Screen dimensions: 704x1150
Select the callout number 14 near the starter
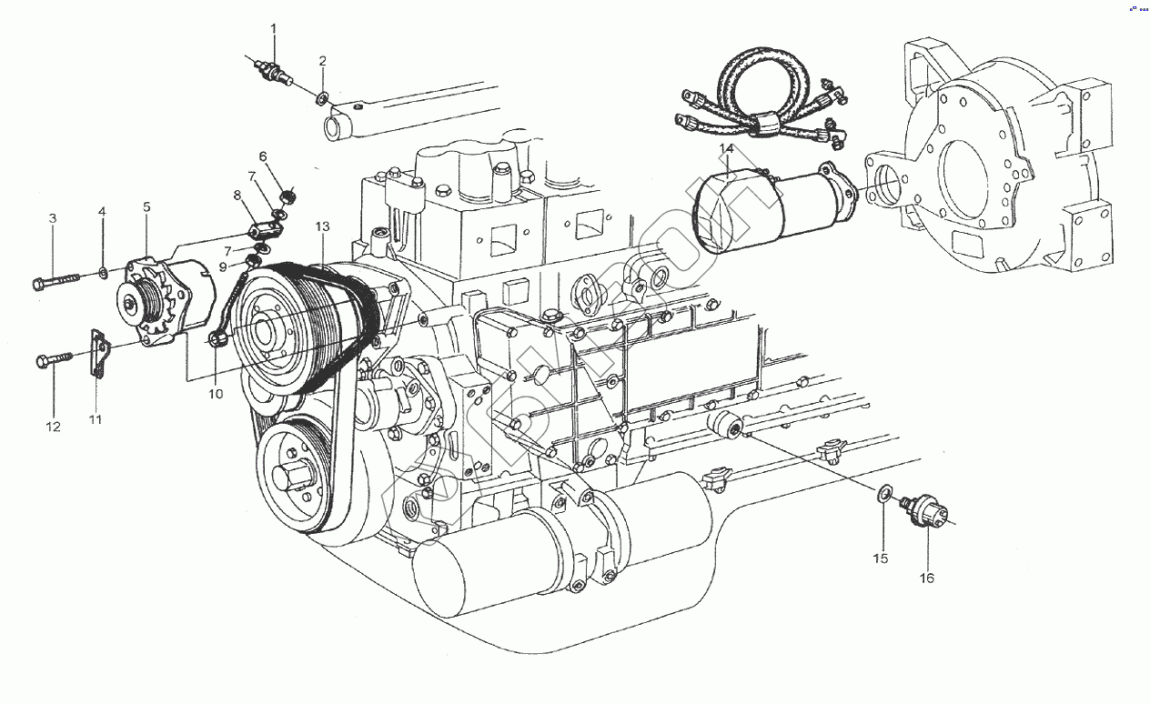point(726,148)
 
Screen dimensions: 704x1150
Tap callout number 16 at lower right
point(926,578)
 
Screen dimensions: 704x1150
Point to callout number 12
point(53,426)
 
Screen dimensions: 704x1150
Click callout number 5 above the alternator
point(146,207)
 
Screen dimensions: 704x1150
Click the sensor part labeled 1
point(272,71)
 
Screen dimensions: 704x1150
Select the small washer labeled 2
point(323,97)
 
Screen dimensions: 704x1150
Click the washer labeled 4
point(103,271)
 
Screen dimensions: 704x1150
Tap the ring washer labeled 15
point(883,496)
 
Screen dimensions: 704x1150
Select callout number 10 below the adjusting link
point(215,394)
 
